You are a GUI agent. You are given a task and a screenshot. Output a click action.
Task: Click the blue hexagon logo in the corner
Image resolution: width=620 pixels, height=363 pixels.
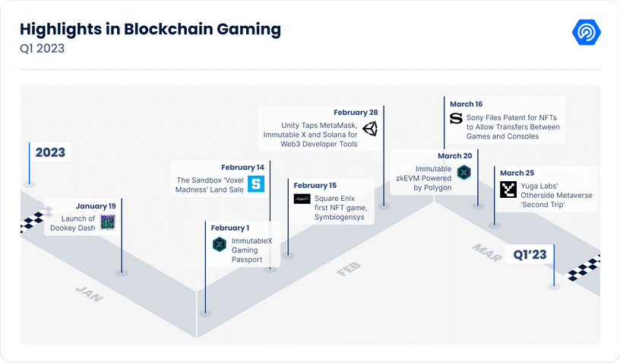coord(587,32)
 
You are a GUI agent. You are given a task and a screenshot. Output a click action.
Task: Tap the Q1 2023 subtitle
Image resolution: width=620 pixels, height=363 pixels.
coord(42,48)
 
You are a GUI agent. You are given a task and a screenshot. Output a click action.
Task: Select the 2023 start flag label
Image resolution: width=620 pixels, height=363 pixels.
coord(50,152)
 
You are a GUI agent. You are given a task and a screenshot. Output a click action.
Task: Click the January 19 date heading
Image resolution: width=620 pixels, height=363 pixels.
coord(96,206)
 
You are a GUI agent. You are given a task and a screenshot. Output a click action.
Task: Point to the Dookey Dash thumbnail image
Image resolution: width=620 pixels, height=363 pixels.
coord(108,222)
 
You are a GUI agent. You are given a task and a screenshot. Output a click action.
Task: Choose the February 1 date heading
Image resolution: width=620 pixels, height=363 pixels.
coord(229,228)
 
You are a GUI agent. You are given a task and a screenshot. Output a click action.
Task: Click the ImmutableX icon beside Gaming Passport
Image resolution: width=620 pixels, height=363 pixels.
coord(219,244)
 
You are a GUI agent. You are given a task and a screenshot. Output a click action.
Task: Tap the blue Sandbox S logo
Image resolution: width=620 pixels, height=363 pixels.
coord(256,183)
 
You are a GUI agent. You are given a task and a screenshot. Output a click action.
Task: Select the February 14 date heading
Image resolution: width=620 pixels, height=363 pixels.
coord(242,167)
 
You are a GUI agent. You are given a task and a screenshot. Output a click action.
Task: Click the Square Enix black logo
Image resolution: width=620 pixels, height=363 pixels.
coord(302,199)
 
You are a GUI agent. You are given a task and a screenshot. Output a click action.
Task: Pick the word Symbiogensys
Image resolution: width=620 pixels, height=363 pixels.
coord(340,218)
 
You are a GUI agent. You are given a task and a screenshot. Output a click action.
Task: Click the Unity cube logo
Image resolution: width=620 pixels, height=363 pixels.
coord(370,129)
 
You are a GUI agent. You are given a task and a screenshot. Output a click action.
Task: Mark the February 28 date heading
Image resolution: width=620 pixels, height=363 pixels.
coord(356,113)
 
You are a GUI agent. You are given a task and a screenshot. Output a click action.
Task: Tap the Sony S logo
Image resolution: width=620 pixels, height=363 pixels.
coord(456,119)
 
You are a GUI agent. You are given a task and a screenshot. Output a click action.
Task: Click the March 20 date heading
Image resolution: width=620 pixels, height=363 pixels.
coord(454,156)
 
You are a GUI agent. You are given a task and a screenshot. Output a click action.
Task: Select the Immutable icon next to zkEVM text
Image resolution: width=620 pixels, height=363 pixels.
coord(463,173)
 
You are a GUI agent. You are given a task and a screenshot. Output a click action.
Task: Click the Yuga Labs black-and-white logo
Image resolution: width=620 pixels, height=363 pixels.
coord(508,189)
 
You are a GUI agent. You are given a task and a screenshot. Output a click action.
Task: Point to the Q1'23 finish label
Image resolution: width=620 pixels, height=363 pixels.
coord(530,254)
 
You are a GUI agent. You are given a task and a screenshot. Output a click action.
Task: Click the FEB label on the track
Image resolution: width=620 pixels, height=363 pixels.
coord(349,269)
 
